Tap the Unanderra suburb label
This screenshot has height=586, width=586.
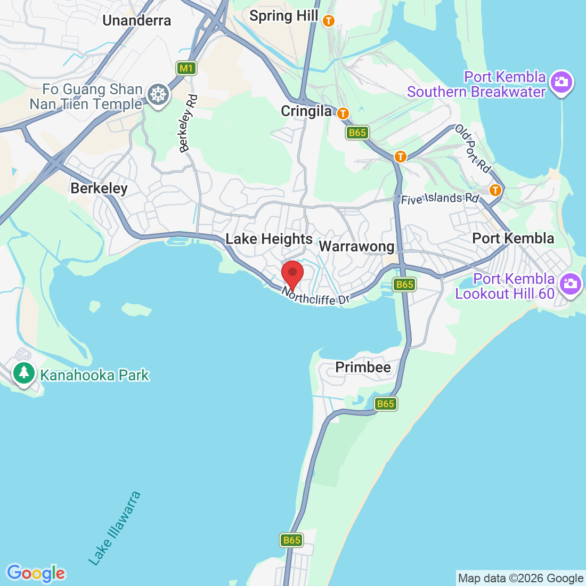point(137,21)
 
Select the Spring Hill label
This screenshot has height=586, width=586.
point(283,16)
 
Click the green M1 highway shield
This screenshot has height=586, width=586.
point(186,68)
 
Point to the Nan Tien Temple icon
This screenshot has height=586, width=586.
point(158,95)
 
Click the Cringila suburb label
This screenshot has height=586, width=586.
point(306,111)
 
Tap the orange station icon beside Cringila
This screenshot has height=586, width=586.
point(343,113)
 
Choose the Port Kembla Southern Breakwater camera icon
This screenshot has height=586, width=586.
point(561,82)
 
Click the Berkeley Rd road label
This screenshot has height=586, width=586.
point(189,124)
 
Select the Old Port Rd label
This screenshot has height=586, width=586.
point(473,150)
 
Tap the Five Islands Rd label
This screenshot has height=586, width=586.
point(440,199)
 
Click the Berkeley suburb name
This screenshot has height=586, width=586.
point(99,189)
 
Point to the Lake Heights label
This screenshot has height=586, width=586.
point(269,239)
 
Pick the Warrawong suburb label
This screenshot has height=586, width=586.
point(356,246)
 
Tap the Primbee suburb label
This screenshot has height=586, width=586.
point(363,367)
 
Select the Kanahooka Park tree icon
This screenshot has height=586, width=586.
point(23,372)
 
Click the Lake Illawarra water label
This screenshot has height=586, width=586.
point(115,528)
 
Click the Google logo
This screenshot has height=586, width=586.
point(36,573)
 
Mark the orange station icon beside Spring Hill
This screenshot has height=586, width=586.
point(329,21)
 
